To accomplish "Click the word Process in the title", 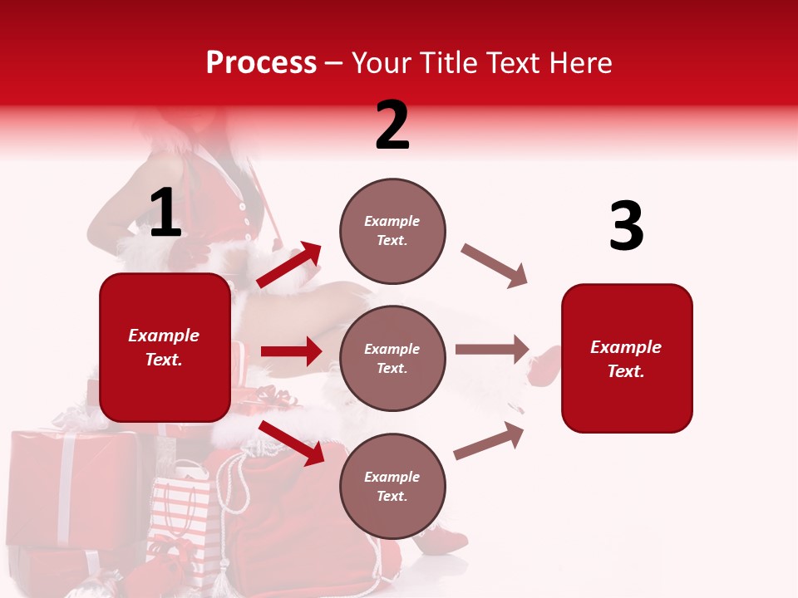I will [x=261, y=63].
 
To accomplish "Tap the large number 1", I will [x=165, y=213].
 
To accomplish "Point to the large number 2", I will [x=392, y=125].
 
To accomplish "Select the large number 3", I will [x=626, y=226].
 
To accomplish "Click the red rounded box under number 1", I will [x=165, y=347].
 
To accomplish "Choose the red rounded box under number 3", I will [x=627, y=358].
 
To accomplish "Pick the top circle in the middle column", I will [x=392, y=231].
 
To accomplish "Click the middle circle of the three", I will [x=392, y=358].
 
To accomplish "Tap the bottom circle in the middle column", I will [x=392, y=486].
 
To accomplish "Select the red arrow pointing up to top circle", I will [x=289, y=265].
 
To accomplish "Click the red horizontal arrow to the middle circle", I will [x=291, y=351].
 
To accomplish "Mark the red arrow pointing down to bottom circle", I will [x=291, y=443].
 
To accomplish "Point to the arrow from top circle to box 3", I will [x=495, y=266].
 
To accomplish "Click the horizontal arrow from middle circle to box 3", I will [x=492, y=350].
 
